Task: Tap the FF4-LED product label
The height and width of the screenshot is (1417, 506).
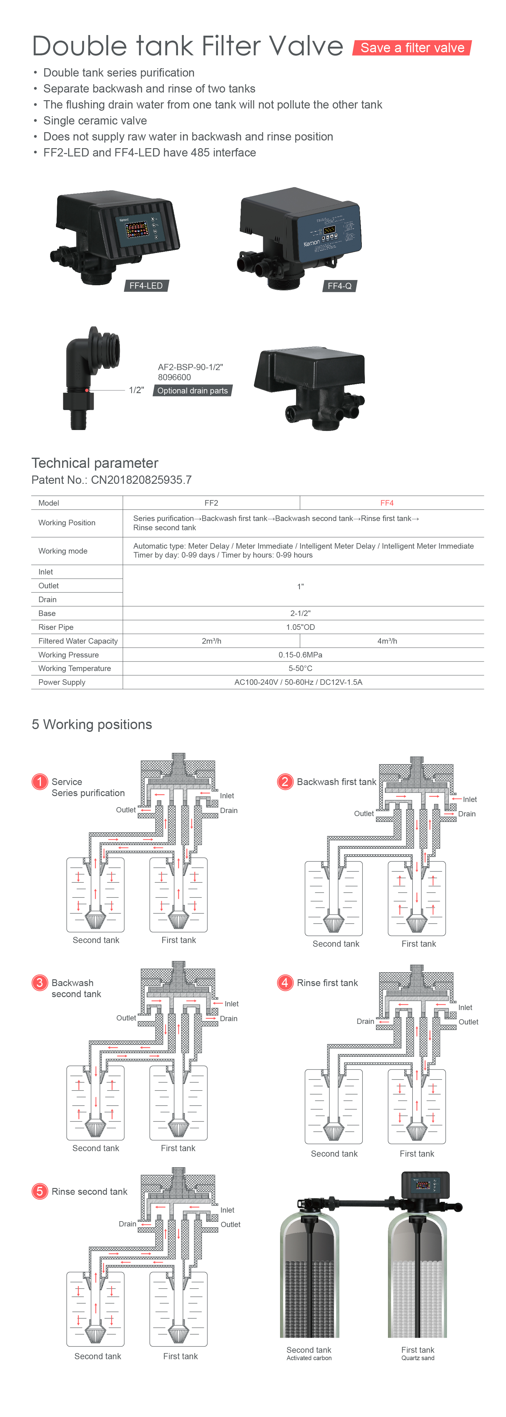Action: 146,286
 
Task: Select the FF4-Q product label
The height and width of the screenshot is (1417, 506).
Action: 339,286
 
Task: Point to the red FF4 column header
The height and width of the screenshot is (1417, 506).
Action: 387,503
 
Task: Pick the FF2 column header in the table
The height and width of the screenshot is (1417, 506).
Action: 211,503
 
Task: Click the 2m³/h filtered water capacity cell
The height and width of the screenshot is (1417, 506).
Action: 211,641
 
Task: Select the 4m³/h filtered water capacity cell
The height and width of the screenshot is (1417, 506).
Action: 387,641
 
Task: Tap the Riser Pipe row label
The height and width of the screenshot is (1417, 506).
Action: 56,627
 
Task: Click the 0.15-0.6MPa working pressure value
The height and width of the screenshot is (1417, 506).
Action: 300,655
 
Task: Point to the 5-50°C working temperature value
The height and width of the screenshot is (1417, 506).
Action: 300,668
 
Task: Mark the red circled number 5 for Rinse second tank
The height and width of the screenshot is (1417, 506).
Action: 40,1191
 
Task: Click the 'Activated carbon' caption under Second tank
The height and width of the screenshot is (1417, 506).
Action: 309,1358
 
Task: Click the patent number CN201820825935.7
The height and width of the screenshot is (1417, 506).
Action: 141,480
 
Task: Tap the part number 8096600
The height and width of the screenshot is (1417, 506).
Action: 174,377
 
